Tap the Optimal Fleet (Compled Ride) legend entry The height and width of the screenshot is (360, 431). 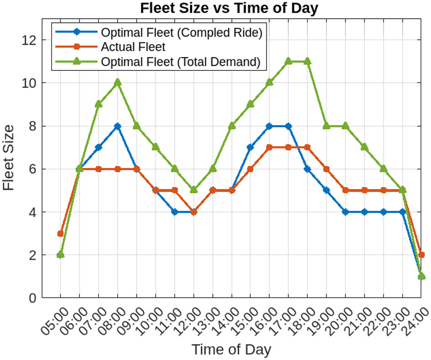[x=182, y=32]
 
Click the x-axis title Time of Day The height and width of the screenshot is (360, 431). [x=231, y=350]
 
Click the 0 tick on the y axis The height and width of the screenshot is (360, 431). [x=32, y=298]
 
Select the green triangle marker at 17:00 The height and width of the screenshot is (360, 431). [x=288, y=61]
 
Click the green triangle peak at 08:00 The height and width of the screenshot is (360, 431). [x=117, y=83]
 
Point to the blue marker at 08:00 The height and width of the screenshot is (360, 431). [x=117, y=126]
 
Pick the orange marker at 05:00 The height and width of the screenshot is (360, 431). [x=60, y=234]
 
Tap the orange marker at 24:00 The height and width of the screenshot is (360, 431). [x=421, y=255]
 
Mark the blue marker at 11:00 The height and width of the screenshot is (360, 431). [x=174, y=212]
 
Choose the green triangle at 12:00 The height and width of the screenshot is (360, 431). [x=193, y=190]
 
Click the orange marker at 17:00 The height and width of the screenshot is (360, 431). [x=288, y=147]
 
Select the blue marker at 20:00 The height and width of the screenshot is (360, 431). [x=345, y=212]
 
